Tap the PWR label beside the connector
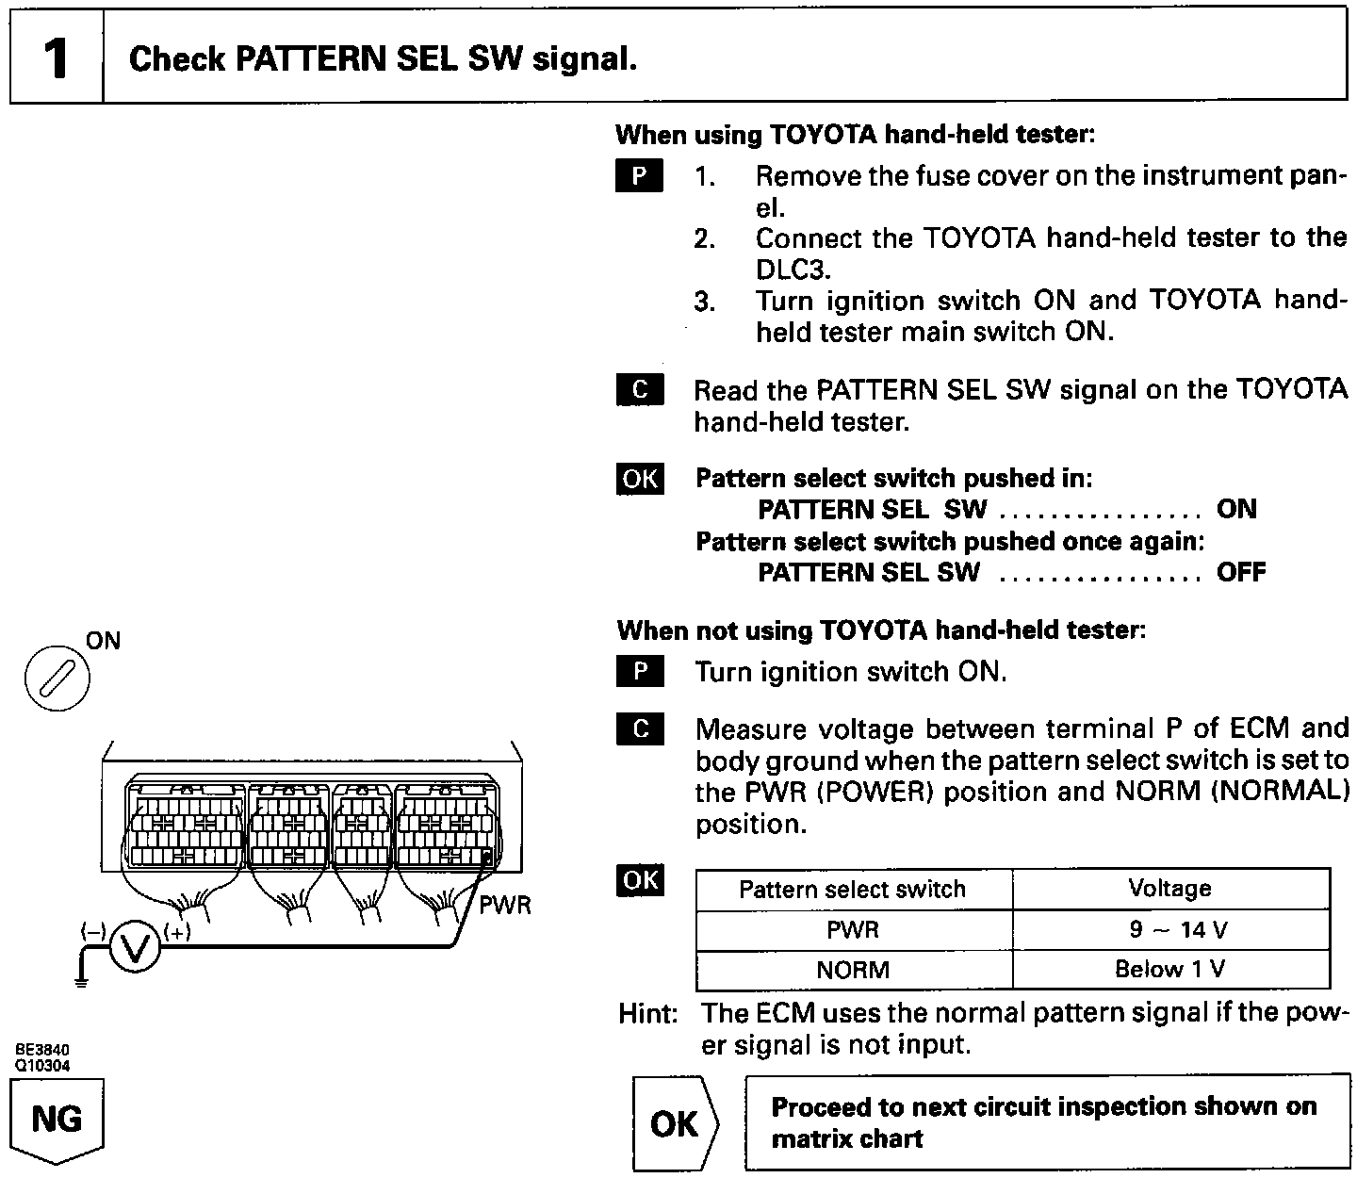point(505,906)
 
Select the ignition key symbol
point(57,679)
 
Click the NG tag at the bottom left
point(57,1121)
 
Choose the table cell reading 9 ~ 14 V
point(1171,930)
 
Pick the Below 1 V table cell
point(1171,969)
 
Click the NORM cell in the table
point(853,969)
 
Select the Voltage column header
point(1169,889)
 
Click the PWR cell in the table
point(853,930)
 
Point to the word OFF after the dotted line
point(1241,572)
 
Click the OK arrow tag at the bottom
point(675,1123)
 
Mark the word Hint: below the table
point(648,1013)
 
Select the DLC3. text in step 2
point(793,270)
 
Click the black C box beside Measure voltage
point(641,729)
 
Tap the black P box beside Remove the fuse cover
point(640,176)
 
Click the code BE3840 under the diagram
point(41,1050)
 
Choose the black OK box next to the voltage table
point(640,880)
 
